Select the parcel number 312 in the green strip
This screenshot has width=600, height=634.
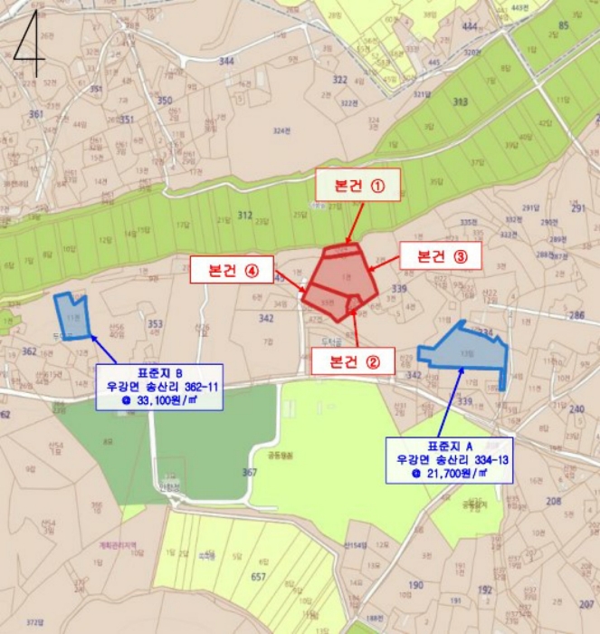click(244, 216)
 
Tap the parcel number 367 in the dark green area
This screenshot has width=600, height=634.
click(250, 473)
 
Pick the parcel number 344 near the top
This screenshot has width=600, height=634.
click(226, 61)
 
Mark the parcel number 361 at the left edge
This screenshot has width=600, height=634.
click(36, 114)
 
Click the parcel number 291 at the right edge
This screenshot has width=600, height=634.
click(579, 208)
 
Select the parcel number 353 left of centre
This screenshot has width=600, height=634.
click(155, 323)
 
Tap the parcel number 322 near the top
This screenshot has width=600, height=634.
click(340, 81)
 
